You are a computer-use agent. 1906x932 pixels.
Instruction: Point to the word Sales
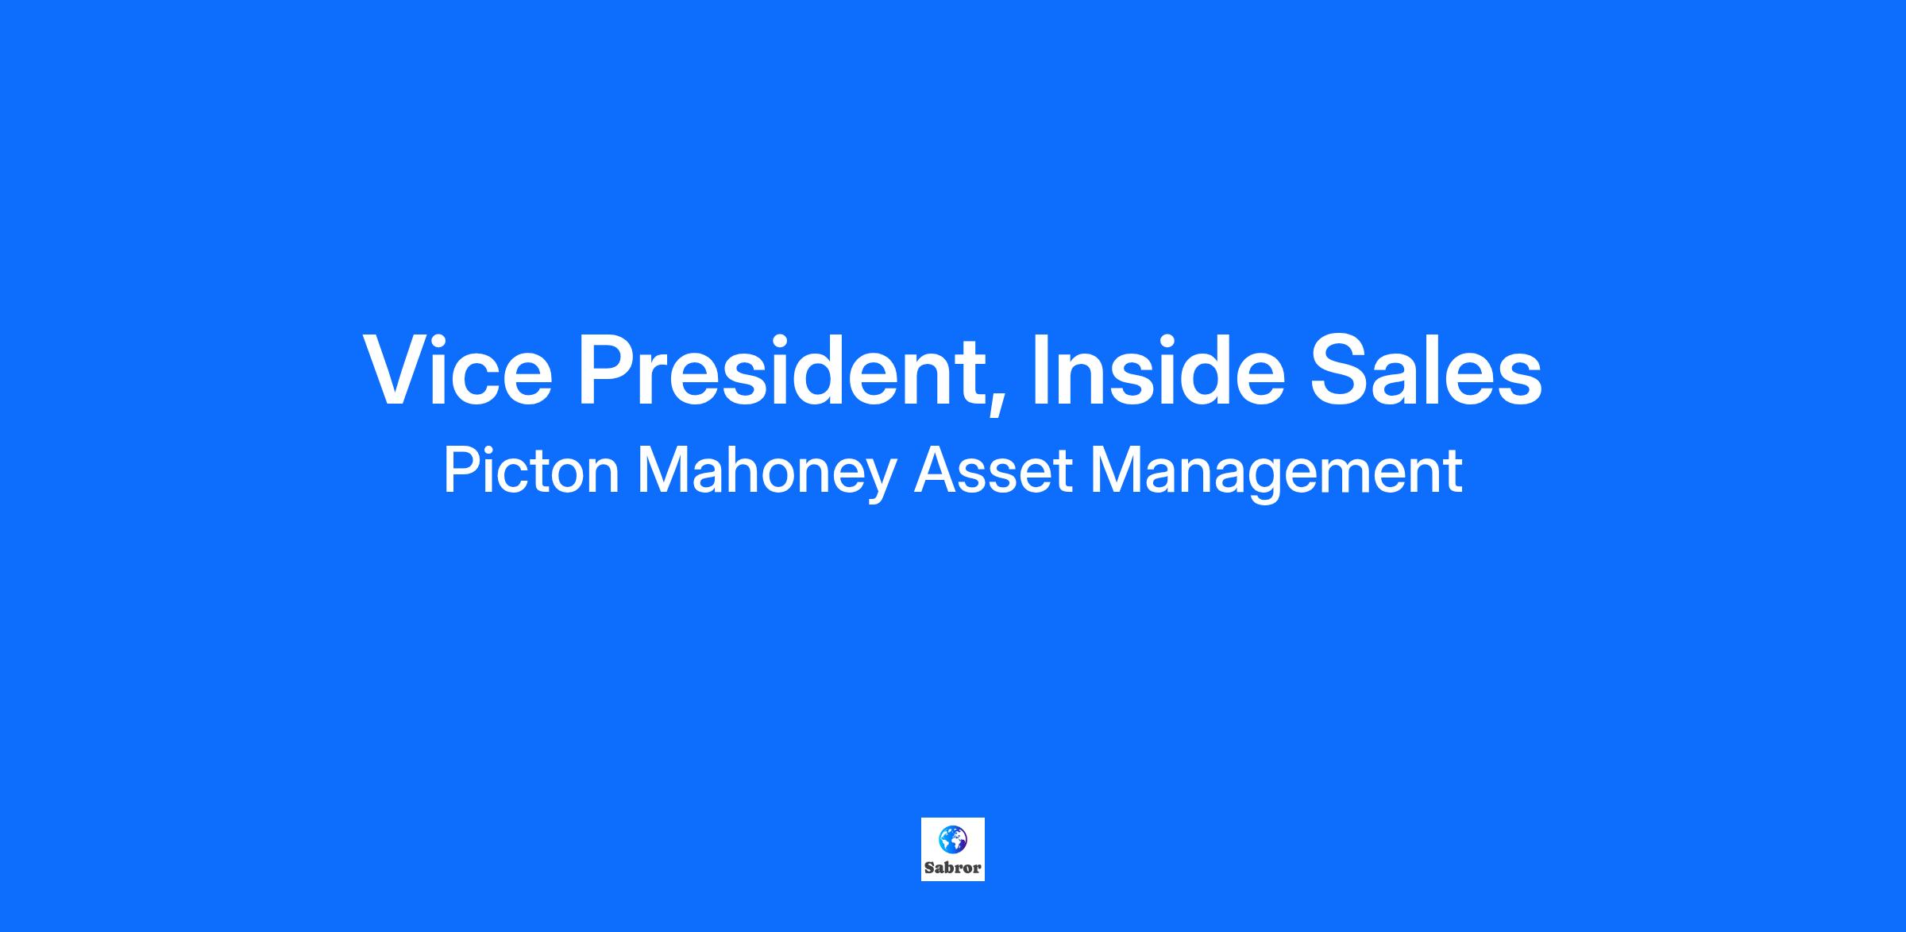1426,369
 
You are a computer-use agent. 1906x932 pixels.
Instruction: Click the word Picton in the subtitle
531,471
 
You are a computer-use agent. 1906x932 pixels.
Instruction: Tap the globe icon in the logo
953,838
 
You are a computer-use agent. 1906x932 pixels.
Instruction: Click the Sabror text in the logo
953,868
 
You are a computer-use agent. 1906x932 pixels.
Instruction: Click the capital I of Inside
1039,370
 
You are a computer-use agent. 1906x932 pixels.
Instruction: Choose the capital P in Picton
461,471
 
